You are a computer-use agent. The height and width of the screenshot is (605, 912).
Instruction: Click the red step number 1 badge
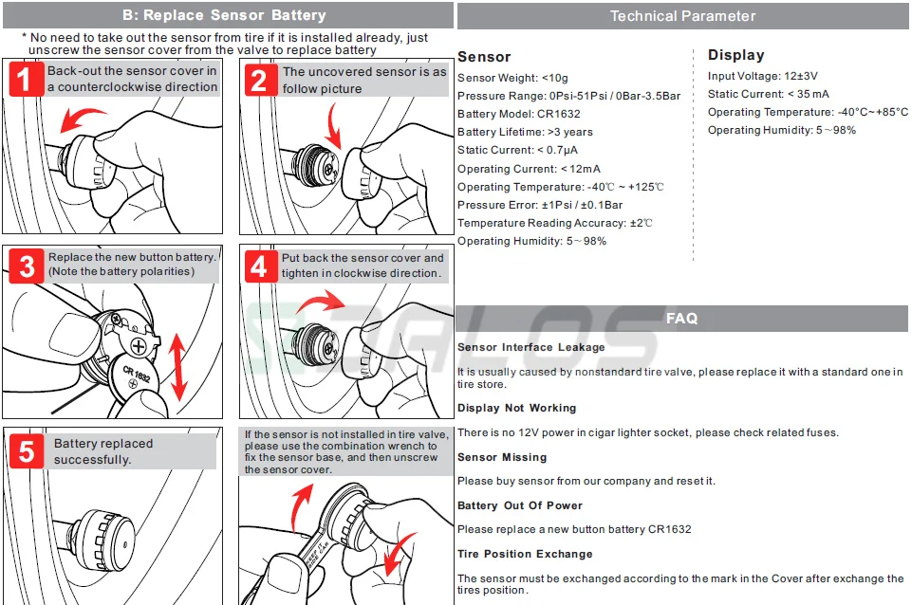pos(26,79)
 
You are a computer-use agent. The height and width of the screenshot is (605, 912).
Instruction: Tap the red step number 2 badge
pos(259,80)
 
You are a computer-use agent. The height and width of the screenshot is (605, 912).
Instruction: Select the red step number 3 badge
pos(26,267)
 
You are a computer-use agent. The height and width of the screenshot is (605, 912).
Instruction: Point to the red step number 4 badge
pos(259,266)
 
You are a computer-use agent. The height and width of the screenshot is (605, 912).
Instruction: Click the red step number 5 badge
pos(26,451)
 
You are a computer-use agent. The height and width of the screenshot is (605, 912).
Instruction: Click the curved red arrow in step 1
pos(82,119)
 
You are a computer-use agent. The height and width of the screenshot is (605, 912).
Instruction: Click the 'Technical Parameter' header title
pos(682,16)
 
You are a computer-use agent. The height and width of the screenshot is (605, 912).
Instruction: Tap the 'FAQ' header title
pos(681,319)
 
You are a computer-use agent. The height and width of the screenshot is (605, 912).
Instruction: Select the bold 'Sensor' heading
pos(484,57)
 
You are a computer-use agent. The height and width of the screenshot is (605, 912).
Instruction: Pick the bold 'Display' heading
pos(735,55)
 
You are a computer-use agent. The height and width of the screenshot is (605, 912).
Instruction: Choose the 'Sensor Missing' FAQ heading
pos(502,457)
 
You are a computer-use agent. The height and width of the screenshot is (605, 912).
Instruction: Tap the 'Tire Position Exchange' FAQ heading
pos(525,554)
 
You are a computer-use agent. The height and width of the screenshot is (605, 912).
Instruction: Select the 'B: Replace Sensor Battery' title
pos(224,15)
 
